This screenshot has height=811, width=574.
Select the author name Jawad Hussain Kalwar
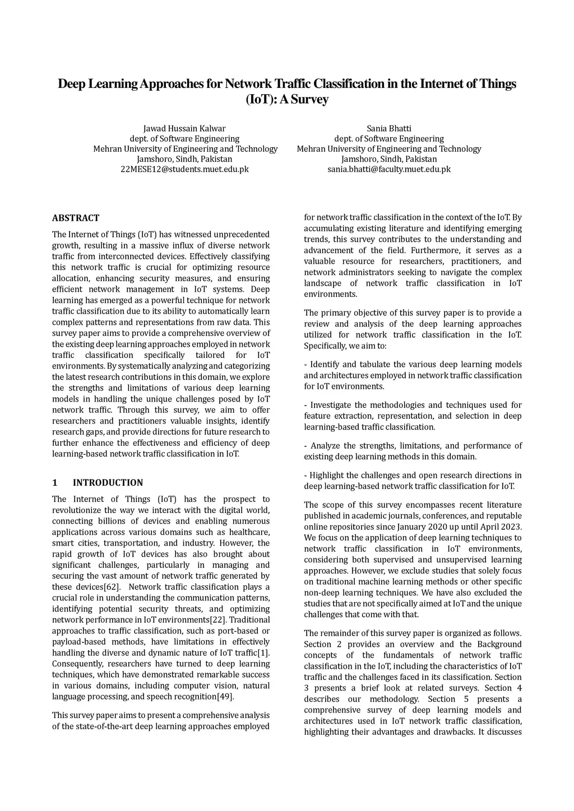(x=184, y=128)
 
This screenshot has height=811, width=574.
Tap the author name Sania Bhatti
(x=388, y=128)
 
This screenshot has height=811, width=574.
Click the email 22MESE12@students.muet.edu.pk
(x=184, y=169)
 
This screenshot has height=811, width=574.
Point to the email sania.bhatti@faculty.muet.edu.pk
(x=388, y=169)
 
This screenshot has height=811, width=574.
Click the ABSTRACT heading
(x=76, y=218)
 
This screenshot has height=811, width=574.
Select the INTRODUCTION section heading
(x=108, y=483)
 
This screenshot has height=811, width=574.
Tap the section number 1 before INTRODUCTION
(x=54, y=483)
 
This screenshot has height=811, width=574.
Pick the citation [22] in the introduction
(x=218, y=620)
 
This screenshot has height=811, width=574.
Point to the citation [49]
(x=225, y=697)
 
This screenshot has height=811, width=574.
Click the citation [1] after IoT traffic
(x=263, y=653)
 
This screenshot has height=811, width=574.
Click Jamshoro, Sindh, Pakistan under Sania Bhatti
(x=388, y=159)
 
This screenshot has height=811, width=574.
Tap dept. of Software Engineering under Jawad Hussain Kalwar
(x=184, y=138)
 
